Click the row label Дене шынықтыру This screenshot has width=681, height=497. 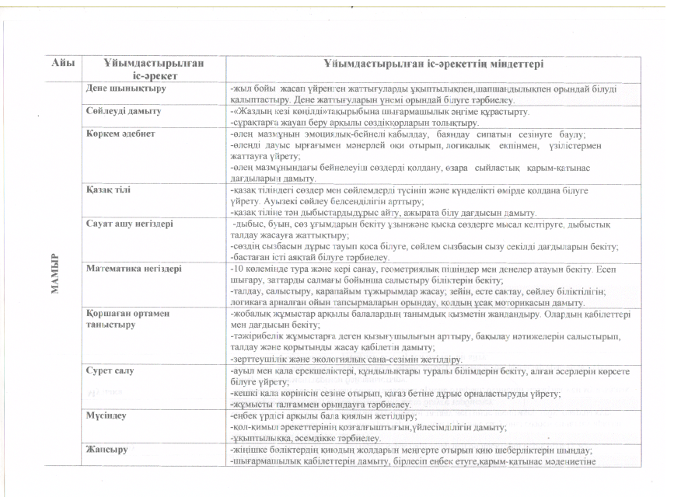pyautogui.click(x=120, y=89)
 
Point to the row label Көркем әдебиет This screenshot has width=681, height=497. pyautogui.click(x=120, y=134)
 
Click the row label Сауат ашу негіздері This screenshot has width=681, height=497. pyautogui.click(x=130, y=223)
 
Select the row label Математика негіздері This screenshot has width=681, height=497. pyautogui.click(x=134, y=268)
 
